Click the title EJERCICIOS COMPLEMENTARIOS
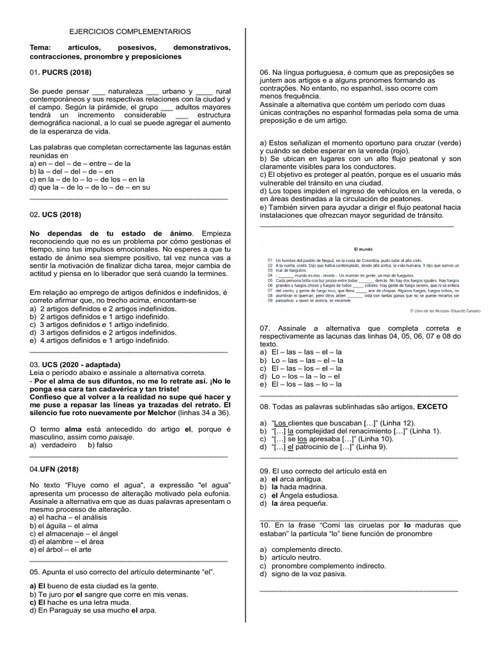[x=130, y=31]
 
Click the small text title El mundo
[x=362, y=248]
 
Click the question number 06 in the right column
[x=265, y=73]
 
